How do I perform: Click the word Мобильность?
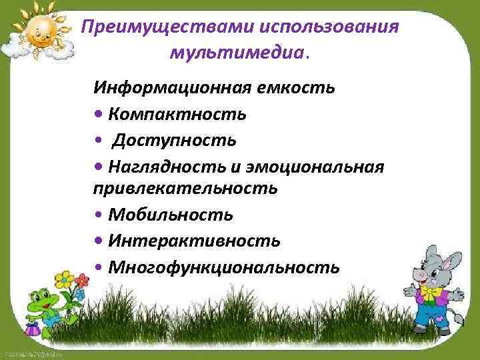171,215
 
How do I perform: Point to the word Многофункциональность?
224,267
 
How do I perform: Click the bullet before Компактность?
99,115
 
